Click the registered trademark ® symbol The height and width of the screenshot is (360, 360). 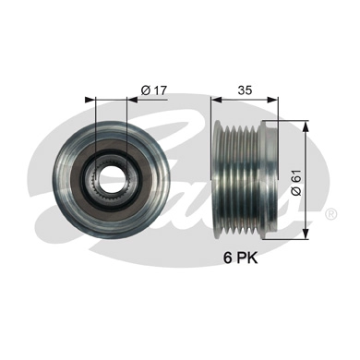[330, 214]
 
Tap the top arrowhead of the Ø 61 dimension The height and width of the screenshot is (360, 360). [306, 124]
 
